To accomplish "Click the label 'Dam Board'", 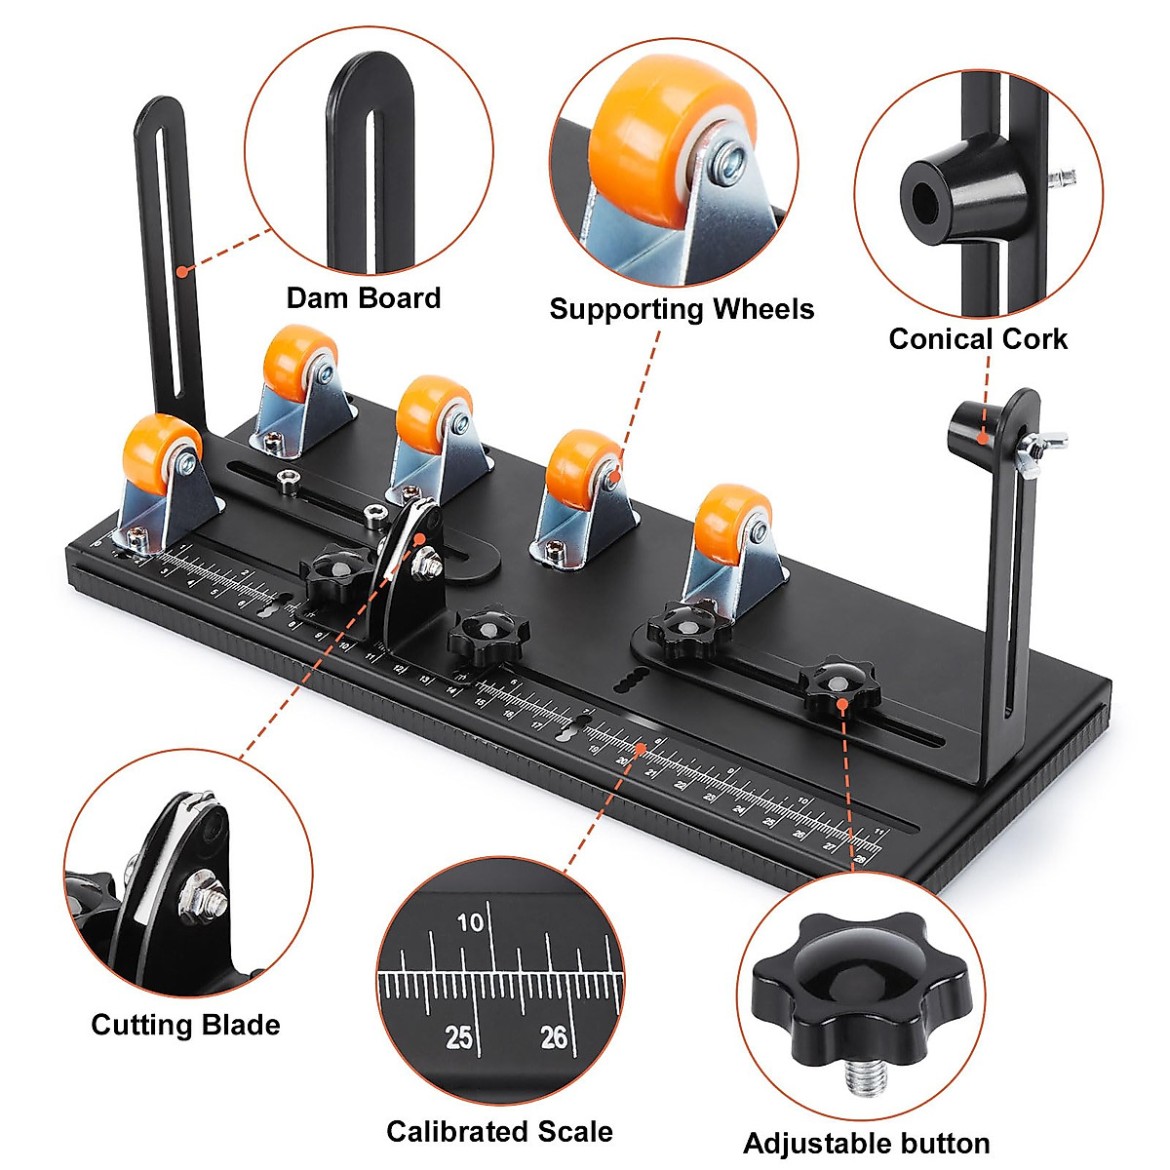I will [x=364, y=298].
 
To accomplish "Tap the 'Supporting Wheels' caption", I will [x=682, y=310].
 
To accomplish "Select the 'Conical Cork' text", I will [x=978, y=339].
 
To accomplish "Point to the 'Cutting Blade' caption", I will [x=185, y=1025].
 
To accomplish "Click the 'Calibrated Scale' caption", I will [x=499, y=1132].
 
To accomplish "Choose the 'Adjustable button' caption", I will [x=867, y=1144].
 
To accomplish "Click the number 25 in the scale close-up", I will [x=458, y=1037].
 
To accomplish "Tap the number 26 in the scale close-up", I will [x=554, y=1036].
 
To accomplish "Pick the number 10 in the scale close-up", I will [x=470, y=921].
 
